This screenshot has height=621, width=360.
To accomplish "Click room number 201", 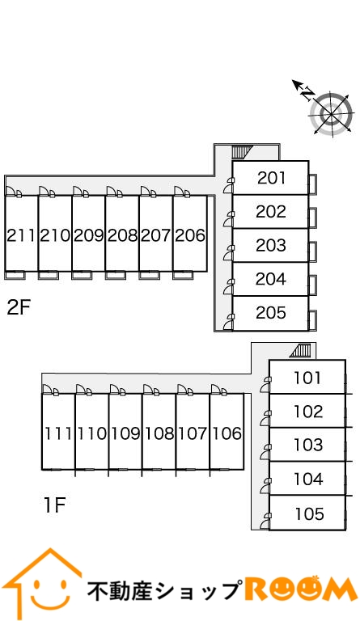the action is coord(271,178).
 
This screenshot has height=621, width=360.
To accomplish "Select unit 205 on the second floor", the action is coord(271,313).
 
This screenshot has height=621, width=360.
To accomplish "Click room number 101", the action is coord(307,378).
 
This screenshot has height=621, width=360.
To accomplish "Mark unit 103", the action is coord(308,445).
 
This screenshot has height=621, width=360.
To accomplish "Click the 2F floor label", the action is coord(19,308).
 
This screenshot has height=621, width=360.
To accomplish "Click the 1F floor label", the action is coord(54,505).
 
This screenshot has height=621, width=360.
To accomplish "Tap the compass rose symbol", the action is coord(331,114).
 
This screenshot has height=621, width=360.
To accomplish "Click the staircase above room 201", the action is coord(243,152).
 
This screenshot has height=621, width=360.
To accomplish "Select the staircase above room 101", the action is coord(301,351).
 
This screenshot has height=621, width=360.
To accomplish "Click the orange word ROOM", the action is coord(301,589).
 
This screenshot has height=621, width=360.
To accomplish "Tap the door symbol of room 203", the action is coord(229,253).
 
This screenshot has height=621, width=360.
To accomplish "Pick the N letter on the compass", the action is coord(307,94).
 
